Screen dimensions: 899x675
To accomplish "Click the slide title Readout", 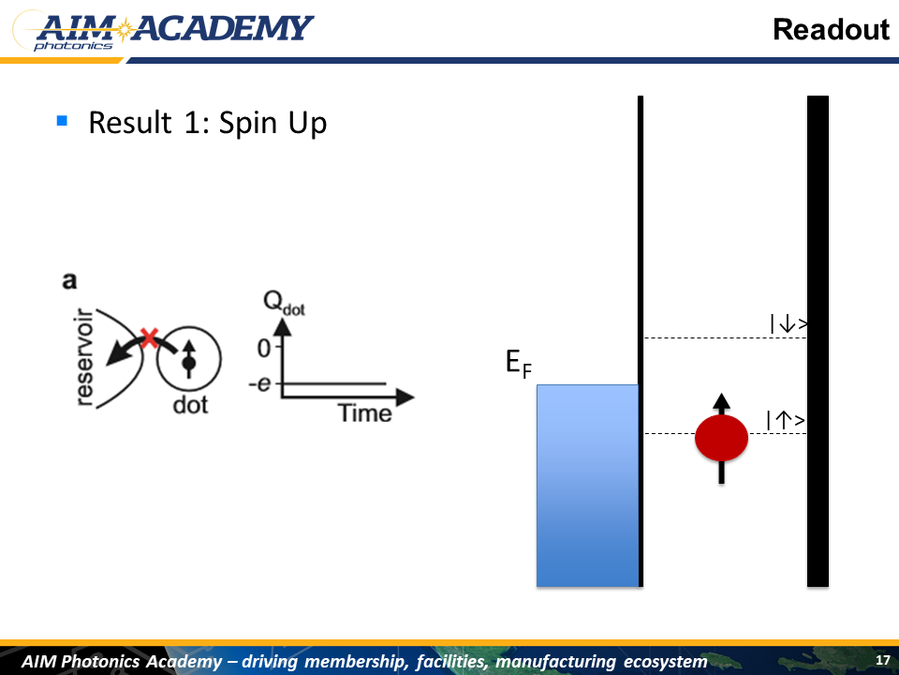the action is pyautogui.click(x=831, y=29).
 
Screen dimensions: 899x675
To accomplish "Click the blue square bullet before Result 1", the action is pyautogui.click(x=62, y=121).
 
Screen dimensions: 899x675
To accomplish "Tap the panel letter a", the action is pyautogui.click(x=68, y=280).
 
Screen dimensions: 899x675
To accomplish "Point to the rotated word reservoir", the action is pyautogui.click(x=84, y=357).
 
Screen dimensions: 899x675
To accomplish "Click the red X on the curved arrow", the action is pyautogui.click(x=150, y=337).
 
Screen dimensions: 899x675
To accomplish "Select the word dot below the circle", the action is pyautogui.click(x=190, y=405).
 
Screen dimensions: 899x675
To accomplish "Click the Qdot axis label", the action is pyautogui.click(x=284, y=303).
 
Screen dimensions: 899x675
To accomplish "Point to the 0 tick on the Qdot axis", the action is pyautogui.click(x=264, y=348).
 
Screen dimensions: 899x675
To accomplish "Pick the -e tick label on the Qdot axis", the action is pyautogui.click(x=259, y=382).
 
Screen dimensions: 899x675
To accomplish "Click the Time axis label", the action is pyautogui.click(x=364, y=413).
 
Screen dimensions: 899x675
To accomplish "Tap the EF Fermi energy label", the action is pyautogui.click(x=519, y=364).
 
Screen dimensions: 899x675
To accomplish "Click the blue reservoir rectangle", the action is pyautogui.click(x=587, y=486).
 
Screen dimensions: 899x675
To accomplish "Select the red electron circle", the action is pyautogui.click(x=721, y=438).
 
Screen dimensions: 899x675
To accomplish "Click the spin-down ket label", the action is pyautogui.click(x=788, y=324).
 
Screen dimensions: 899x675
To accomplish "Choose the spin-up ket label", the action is pyautogui.click(x=786, y=420).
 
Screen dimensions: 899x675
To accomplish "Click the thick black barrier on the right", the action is pyautogui.click(x=818, y=341).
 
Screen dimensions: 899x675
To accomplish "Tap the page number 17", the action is pyautogui.click(x=883, y=660).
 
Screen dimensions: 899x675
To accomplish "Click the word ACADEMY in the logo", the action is pyautogui.click(x=223, y=28).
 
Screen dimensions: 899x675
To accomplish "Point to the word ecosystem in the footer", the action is pyautogui.click(x=665, y=662).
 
